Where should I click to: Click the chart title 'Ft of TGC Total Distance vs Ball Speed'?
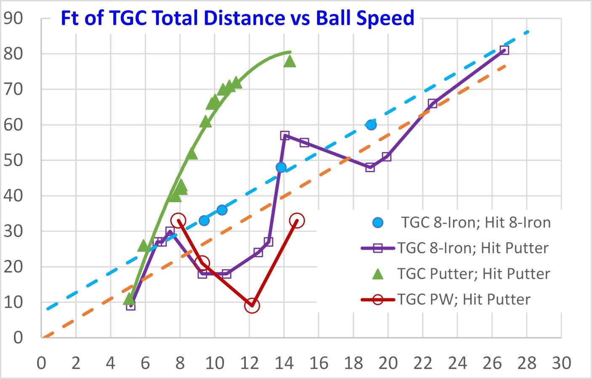(237, 18)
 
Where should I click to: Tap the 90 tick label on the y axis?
(13, 19)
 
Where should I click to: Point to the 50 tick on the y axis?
(13, 160)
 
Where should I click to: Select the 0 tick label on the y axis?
(18, 338)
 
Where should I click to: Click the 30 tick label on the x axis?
(561, 363)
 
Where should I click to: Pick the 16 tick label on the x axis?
(319, 363)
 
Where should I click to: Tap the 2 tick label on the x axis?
(76, 363)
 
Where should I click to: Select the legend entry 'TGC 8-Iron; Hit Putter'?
(455, 248)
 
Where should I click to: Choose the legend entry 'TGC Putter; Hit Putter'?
(461, 274)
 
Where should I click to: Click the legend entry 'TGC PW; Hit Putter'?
(445, 299)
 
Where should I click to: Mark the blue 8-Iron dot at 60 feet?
(371, 125)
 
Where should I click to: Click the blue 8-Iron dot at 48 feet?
(281, 167)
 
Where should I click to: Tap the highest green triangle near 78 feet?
(290, 61)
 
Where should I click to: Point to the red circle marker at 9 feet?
(252, 306)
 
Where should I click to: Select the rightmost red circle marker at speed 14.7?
(296, 220)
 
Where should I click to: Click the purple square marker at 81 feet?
(504, 50)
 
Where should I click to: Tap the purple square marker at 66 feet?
(432, 104)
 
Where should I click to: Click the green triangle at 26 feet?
(144, 246)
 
